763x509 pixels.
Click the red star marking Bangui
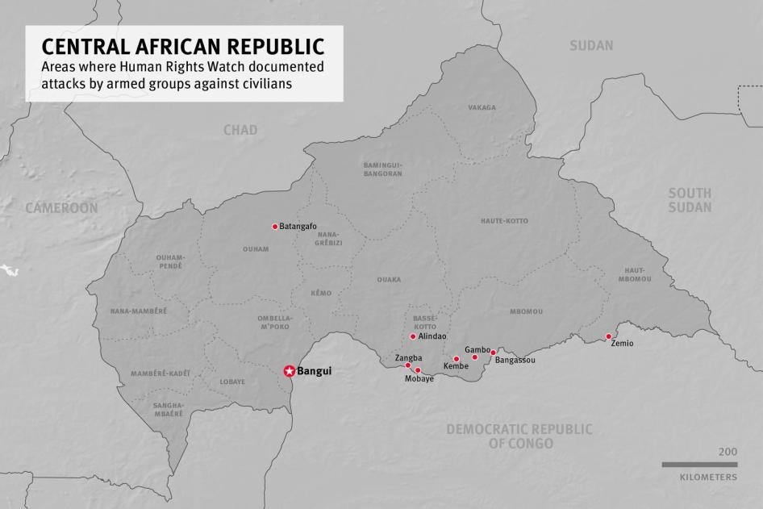click(x=289, y=371)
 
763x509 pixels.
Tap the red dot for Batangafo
click(x=275, y=227)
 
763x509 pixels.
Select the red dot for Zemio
click(x=608, y=336)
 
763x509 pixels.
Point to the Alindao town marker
click(x=413, y=336)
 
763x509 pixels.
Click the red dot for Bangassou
click(x=493, y=353)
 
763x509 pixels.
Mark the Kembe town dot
click(x=457, y=359)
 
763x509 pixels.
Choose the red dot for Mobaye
click(x=418, y=370)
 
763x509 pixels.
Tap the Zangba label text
click(x=408, y=357)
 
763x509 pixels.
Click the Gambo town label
click(x=477, y=349)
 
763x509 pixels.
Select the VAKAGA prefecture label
click(x=482, y=107)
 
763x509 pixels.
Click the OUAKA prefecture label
click(x=389, y=280)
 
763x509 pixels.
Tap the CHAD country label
click(x=240, y=130)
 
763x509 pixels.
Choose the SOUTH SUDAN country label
click(x=690, y=200)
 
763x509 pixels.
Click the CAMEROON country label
click(x=61, y=208)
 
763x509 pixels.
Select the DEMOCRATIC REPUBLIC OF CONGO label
click(x=519, y=436)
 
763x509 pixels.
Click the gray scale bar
click(x=699, y=465)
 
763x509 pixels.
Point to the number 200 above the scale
click(x=727, y=452)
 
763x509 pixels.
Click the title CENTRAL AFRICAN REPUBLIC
click(x=183, y=46)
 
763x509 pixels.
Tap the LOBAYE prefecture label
click(x=231, y=382)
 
